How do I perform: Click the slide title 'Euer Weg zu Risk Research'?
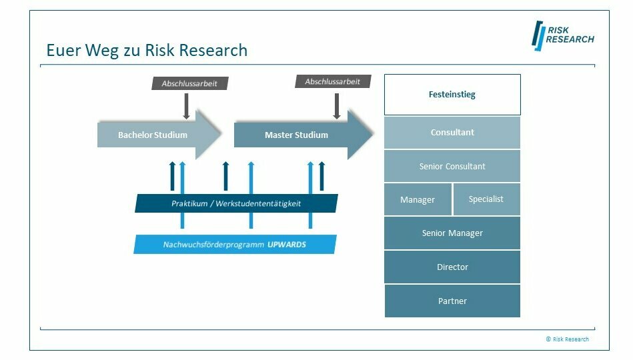click(x=147, y=50)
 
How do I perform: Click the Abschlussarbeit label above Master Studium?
click(x=332, y=81)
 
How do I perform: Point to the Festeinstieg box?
click(x=452, y=95)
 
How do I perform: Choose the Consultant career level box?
click(x=452, y=132)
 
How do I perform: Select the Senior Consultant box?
click(x=452, y=166)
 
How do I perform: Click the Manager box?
click(x=418, y=199)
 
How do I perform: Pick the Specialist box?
click(x=486, y=199)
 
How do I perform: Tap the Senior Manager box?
click(x=452, y=233)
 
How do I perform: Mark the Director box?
click(x=452, y=267)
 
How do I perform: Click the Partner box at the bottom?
click(x=452, y=301)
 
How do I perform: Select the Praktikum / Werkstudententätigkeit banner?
click(x=236, y=203)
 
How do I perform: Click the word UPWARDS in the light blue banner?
click(x=287, y=245)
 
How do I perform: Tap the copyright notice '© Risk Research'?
click(x=567, y=339)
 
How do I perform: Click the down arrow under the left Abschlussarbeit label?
click(x=186, y=105)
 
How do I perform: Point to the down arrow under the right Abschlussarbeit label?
click(x=337, y=105)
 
